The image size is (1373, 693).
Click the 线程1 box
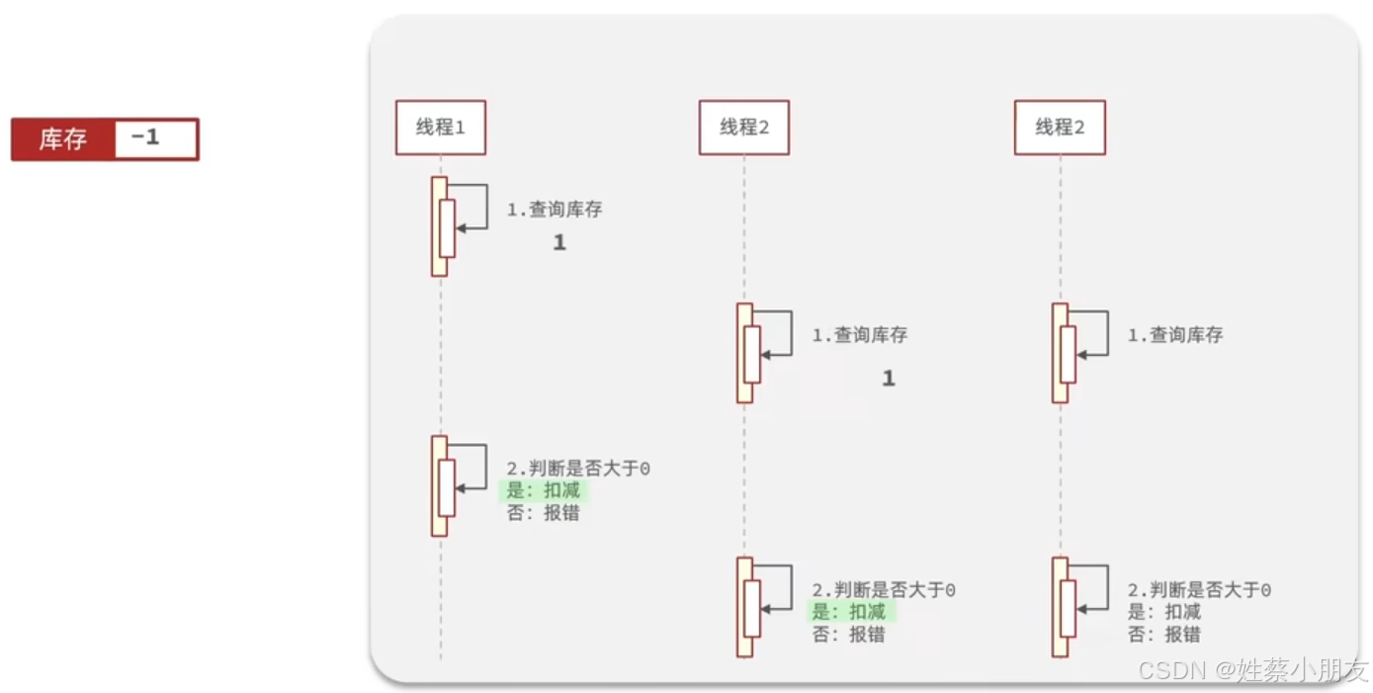tap(440, 128)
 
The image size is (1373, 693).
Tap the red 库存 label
tap(62, 139)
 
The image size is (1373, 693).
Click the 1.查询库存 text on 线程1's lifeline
tap(554, 210)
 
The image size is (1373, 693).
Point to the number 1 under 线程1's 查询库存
tap(559, 242)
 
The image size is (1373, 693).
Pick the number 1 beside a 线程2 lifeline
tap(888, 379)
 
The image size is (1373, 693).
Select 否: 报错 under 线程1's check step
tap(543, 513)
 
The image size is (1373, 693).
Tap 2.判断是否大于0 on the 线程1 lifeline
tap(578, 469)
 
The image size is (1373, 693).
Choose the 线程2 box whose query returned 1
tap(743, 128)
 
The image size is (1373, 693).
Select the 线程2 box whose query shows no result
tap(1059, 128)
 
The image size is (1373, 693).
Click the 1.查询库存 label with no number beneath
tap(1174, 335)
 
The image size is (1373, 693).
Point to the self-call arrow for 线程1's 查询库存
tap(474, 207)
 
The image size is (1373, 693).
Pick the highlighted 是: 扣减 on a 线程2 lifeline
tap(849, 612)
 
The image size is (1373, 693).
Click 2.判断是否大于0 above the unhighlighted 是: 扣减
tap(1199, 590)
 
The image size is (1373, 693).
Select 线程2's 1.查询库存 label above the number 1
tap(859, 335)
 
